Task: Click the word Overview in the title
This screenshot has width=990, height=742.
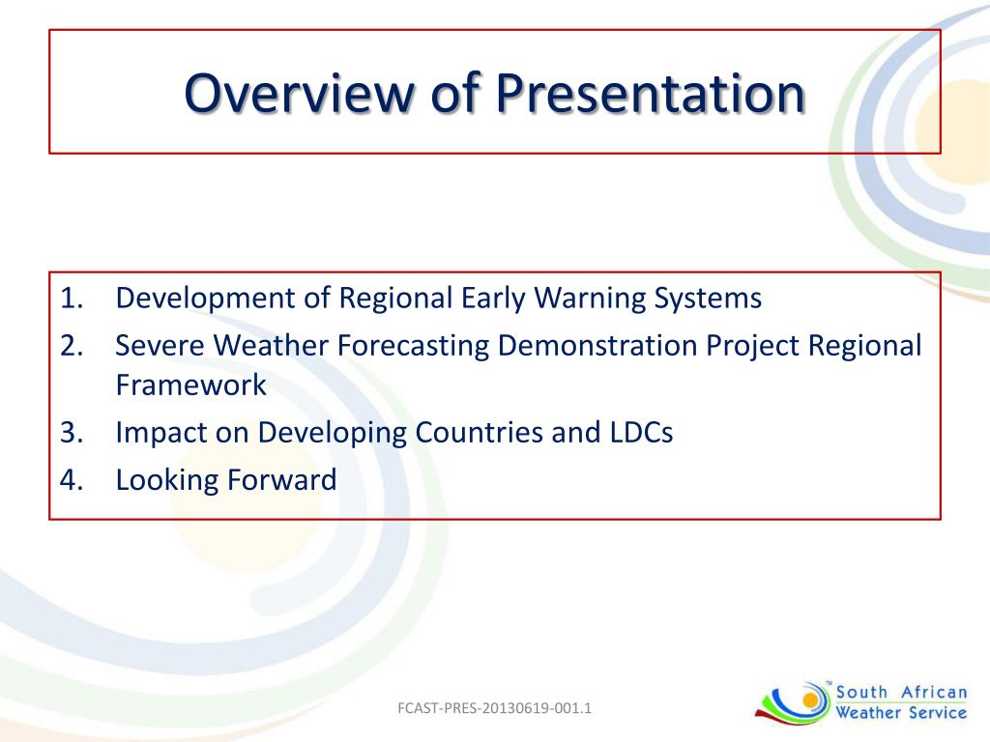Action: pyautogui.click(x=298, y=93)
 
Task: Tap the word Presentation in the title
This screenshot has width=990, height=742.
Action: pyautogui.click(x=650, y=93)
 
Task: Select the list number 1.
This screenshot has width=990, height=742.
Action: pyautogui.click(x=72, y=298)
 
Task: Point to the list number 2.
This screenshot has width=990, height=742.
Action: pyautogui.click(x=72, y=346)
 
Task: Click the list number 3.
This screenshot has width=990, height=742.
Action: pyautogui.click(x=72, y=432)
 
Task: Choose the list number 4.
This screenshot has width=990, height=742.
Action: pyautogui.click(x=72, y=479)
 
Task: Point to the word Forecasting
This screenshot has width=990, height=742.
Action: pyautogui.click(x=413, y=347)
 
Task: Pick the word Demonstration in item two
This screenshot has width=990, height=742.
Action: pyautogui.click(x=597, y=346)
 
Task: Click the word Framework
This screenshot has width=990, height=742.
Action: pyautogui.click(x=191, y=385)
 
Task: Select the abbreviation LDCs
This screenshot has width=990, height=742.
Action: pyautogui.click(x=642, y=432)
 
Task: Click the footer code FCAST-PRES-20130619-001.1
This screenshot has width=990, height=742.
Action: pyautogui.click(x=494, y=708)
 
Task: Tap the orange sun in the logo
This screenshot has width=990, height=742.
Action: pyautogui.click(x=809, y=699)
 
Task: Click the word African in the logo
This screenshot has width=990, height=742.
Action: pyautogui.click(x=934, y=692)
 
